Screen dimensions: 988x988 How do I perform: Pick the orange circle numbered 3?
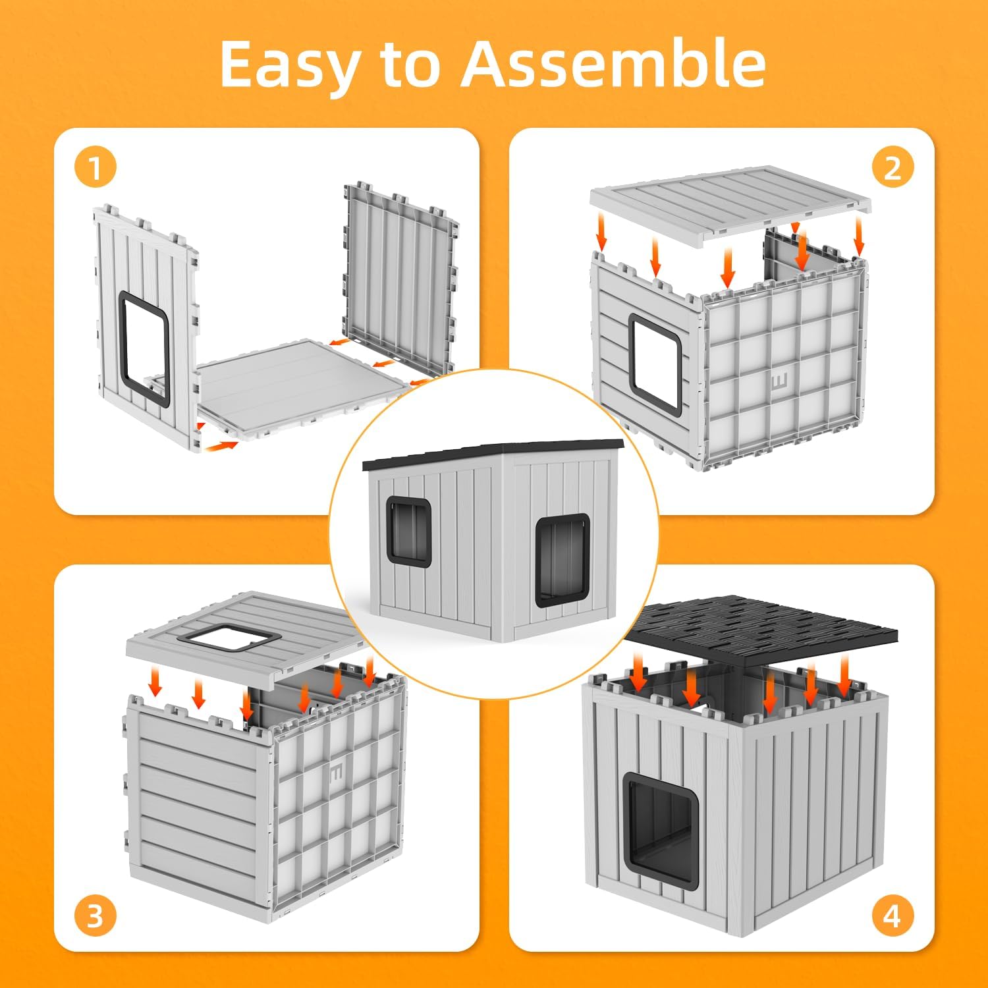coord(96,916)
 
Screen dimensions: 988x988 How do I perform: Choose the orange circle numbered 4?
coord(892,916)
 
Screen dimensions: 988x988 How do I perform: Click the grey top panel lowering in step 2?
coord(730,202)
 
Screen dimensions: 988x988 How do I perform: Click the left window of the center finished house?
coord(409,530)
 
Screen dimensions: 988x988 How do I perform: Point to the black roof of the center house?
coord(493,454)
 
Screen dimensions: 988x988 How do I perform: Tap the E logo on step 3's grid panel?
coord(337,771)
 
